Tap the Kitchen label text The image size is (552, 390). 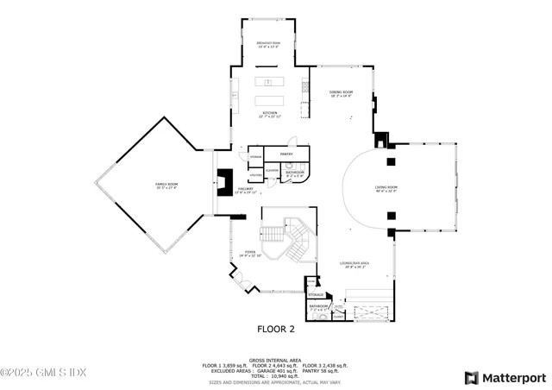point(267,113)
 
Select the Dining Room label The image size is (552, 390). point(341,92)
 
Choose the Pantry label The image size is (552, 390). point(287,154)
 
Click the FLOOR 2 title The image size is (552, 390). point(276,329)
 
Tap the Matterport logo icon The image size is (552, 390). point(470,377)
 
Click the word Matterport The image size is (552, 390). point(514,377)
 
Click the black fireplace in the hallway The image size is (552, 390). point(224,182)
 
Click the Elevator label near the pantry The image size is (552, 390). point(270,171)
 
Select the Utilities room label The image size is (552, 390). point(256,175)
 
